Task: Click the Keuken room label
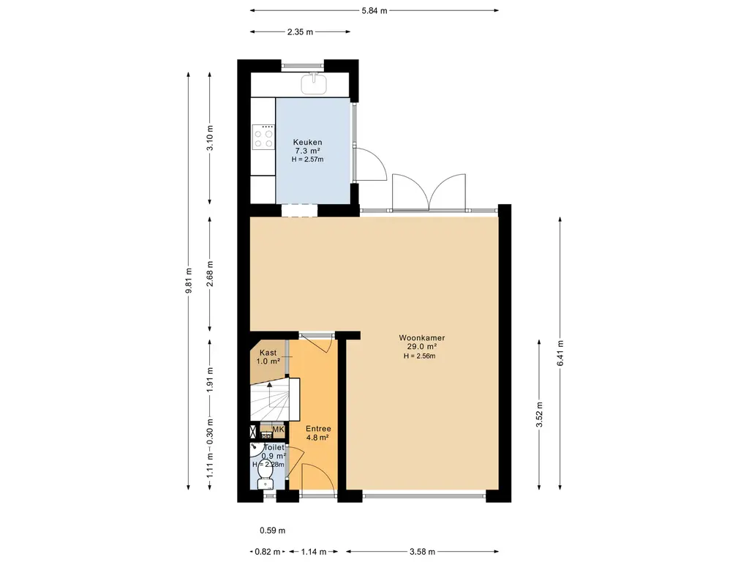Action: coord(307,142)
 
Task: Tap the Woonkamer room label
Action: coord(422,338)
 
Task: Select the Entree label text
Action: coord(318,429)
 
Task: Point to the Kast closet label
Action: coord(268,353)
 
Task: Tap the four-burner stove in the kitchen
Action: coord(263,137)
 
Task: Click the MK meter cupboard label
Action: coord(278,429)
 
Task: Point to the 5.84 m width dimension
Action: coord(374,10)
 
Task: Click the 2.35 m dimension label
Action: coord(300,32)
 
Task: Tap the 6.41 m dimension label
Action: coord(560,353)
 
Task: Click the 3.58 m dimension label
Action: coord(422,552)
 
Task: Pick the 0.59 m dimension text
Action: coord(272,530)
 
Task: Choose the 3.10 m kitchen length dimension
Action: coord(210,138)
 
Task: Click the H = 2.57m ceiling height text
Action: coord(307,159)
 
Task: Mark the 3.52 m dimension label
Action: coord(539,414)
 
